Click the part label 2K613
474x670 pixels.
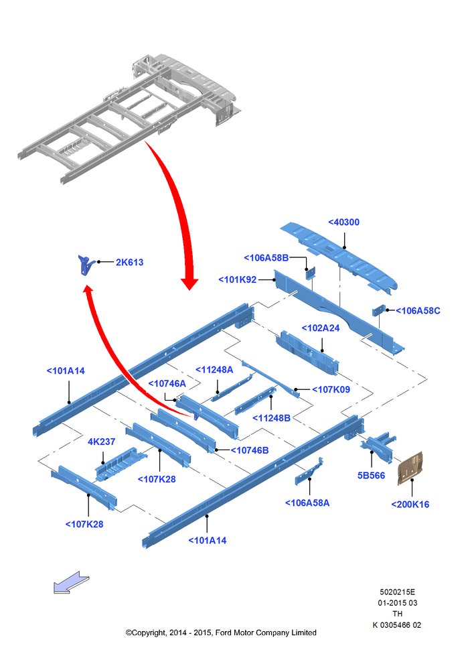click(x=129, y=263)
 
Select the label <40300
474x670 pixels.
click(x=343, y=222)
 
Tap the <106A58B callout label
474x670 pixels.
click(x=266, y=258)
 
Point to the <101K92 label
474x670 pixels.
click(x=238, y=279)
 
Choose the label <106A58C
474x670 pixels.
click(x=418, y=311)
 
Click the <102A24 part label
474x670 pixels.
click(x=321, y=328)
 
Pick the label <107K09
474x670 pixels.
click(x=331, y=389)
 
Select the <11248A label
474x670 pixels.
click(x=214, y=370)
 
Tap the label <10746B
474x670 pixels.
click(x=250, y=450)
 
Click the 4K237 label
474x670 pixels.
click(x=101, y=442)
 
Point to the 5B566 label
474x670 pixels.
click(x=371, y=476)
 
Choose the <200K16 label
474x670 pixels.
click(x=410, y=505)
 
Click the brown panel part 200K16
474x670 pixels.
click(x=410, y=468)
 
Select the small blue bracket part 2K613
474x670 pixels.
click(x=86, y=265)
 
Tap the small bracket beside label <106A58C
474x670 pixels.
click(x=378, y=311)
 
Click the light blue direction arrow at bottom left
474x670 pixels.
click(x=71, y=583)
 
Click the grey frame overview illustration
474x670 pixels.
click(x=129, y=119)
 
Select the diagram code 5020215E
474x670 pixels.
click(x=397, y=592)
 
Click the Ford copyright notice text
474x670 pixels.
click(x=221, y=633)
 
